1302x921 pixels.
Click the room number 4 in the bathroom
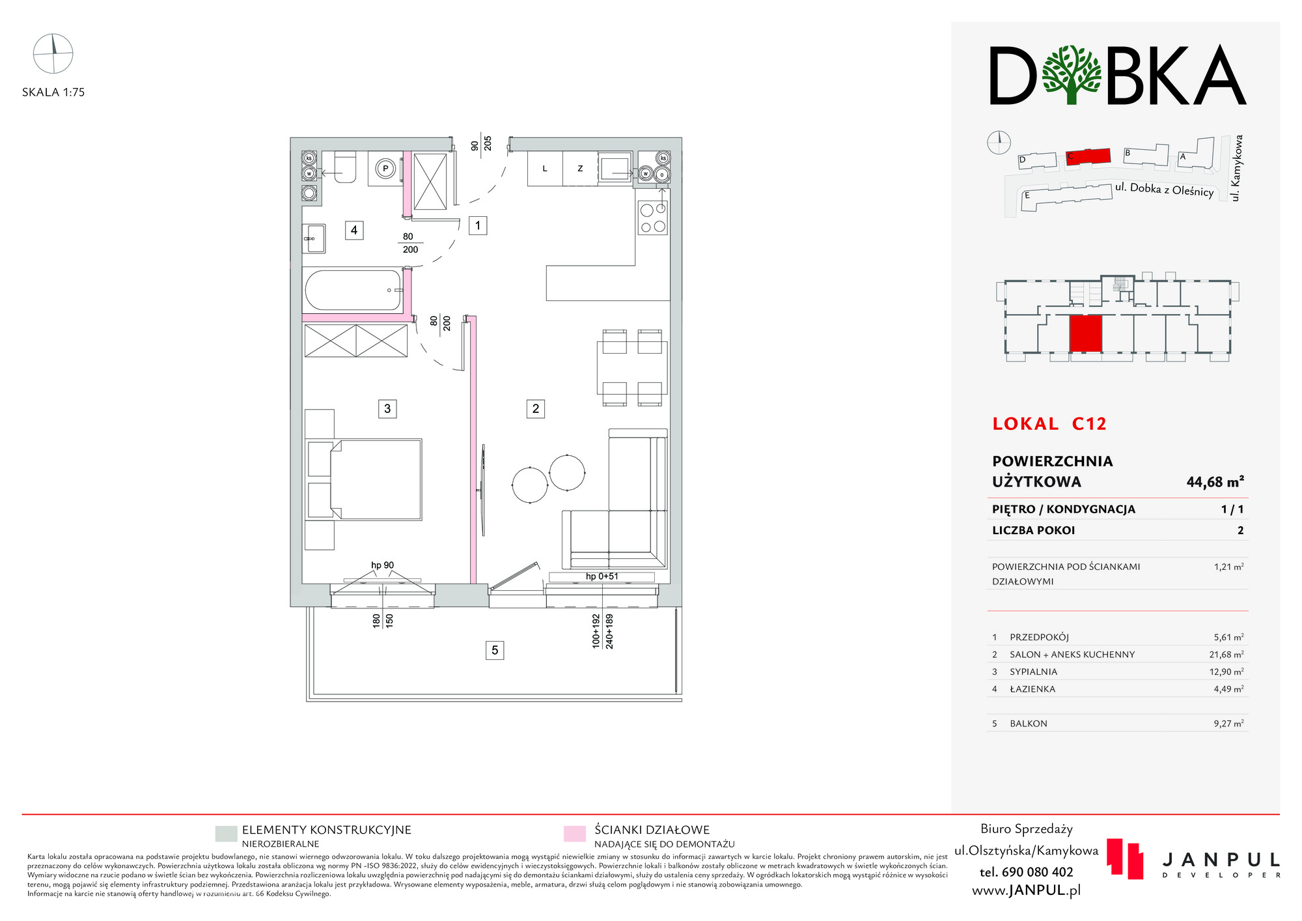point(354,230)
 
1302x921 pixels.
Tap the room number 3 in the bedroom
point(387,408)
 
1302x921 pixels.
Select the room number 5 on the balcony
point(495,650)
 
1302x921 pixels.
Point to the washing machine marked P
point(385,169)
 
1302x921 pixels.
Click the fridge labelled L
point(545,169)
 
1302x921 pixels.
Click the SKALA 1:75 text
point(53,92)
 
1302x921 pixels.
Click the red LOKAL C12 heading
point(1049,424)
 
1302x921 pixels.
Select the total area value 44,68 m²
point(1215,482)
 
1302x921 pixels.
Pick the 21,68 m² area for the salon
point(1226,655)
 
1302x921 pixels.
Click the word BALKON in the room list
point(1029,724)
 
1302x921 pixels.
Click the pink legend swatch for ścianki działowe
point(574,834)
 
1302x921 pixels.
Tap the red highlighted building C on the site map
point(1088,156)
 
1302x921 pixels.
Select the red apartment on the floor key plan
point(1085,333)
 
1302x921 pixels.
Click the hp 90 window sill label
point(383,565)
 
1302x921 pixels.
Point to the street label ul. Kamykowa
point(1237,168)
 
